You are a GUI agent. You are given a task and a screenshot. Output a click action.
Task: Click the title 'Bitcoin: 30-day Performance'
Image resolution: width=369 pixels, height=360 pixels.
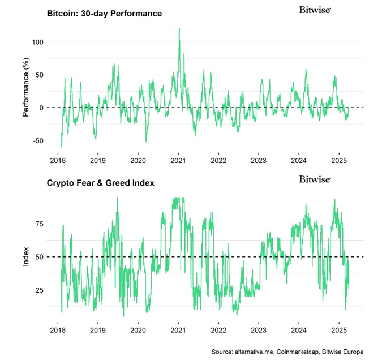[104, 13]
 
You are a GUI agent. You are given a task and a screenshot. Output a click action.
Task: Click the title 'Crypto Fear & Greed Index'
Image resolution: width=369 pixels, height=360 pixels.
[100, 183]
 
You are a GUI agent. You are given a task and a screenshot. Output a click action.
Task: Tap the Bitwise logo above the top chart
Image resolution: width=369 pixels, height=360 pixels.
[315, 10]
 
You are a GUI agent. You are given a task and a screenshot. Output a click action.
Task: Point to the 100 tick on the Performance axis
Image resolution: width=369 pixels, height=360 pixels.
[38, 42]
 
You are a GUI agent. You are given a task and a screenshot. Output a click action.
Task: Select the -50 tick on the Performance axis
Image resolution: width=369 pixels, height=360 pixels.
[37, 140]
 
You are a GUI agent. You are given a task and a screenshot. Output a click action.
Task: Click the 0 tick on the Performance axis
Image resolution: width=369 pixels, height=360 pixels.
[41, 108]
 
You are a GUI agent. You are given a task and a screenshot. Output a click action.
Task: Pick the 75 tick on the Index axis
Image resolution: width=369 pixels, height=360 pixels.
[40, 224]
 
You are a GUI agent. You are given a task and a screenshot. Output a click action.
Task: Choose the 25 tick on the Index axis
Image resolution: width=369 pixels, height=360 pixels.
[40, 290]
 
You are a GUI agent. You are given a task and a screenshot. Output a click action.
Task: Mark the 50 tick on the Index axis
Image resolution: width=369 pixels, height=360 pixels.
[40, 257]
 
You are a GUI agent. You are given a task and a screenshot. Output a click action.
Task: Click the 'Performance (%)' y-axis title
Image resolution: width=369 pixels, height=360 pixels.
[25, 91]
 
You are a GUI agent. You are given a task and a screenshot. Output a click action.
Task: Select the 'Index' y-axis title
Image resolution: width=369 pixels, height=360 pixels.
[25, 258]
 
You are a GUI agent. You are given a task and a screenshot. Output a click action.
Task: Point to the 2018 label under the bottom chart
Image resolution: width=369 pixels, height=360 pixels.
[58, 330]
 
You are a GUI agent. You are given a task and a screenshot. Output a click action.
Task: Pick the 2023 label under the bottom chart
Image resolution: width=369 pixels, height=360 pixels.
[259, 330]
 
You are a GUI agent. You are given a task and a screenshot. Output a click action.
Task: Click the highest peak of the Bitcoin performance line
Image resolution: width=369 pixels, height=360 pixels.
[179, 28]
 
